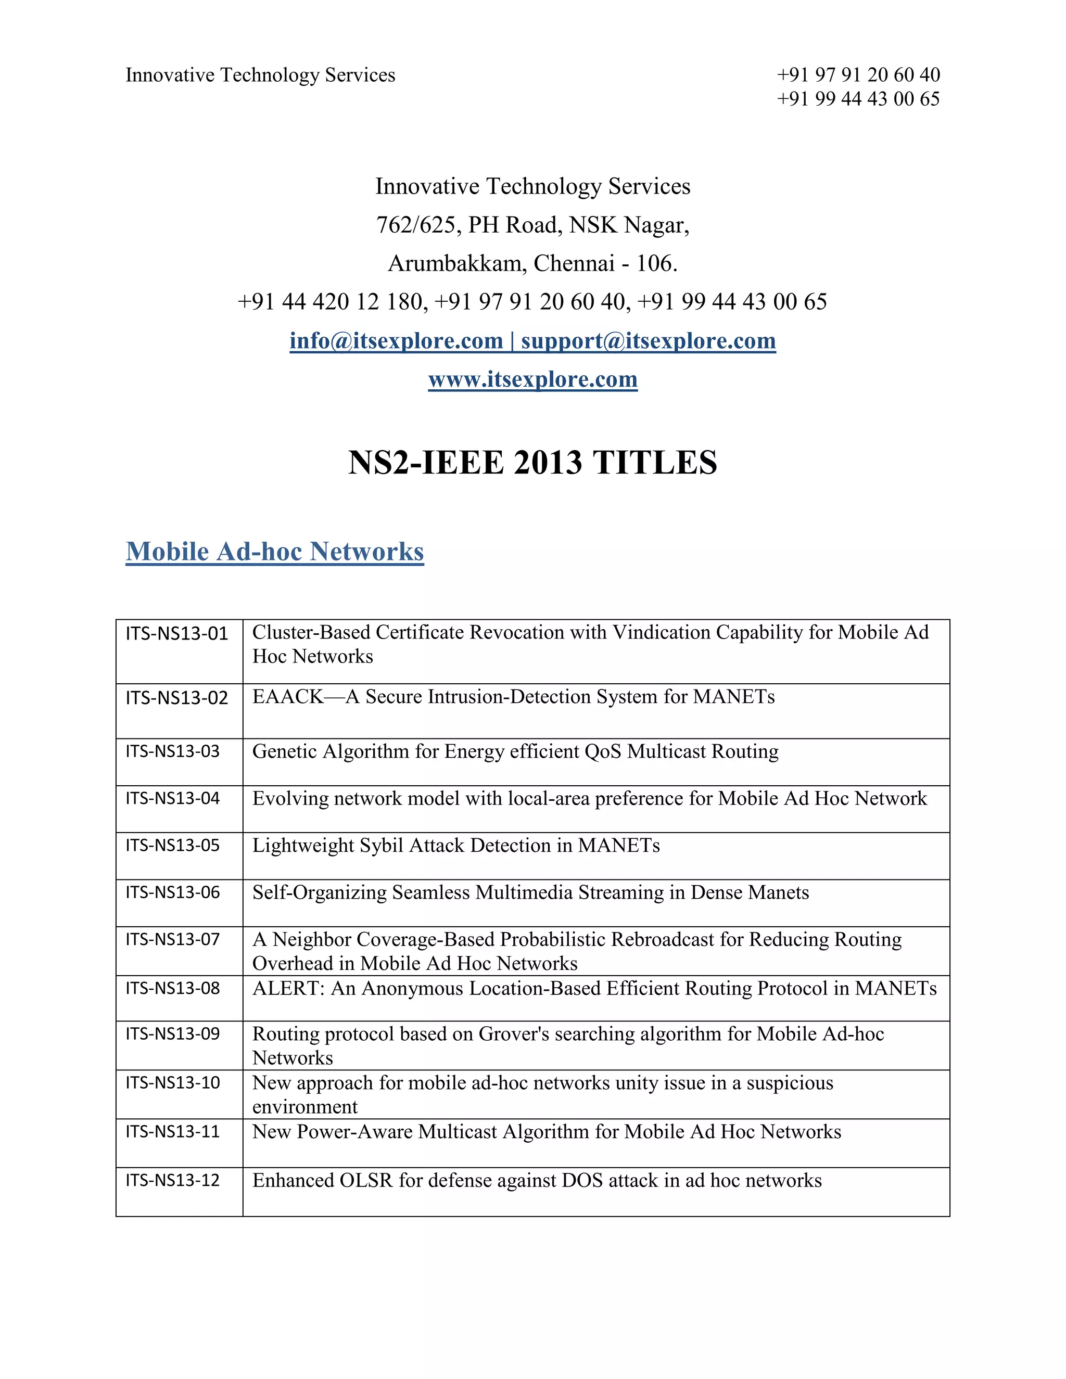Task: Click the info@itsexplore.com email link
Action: point(396,341)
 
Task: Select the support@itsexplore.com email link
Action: point(649,341)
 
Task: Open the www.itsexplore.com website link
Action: point(532,379)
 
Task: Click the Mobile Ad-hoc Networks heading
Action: point(275,551)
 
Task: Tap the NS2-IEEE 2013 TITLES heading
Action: point(532,463)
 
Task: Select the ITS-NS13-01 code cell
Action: point(177,633)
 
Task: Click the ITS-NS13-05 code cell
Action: point(172,846)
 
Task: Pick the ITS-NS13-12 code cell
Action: point(172,1180)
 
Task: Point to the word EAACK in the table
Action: point(288,697)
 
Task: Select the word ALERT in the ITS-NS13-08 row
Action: point(286,989)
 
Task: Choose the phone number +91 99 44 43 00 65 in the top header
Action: point(858,99)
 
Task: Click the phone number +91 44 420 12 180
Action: point(332,302)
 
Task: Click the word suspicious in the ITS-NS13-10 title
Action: point(790,1083)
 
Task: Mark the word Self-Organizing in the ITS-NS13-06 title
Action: point(320,893)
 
